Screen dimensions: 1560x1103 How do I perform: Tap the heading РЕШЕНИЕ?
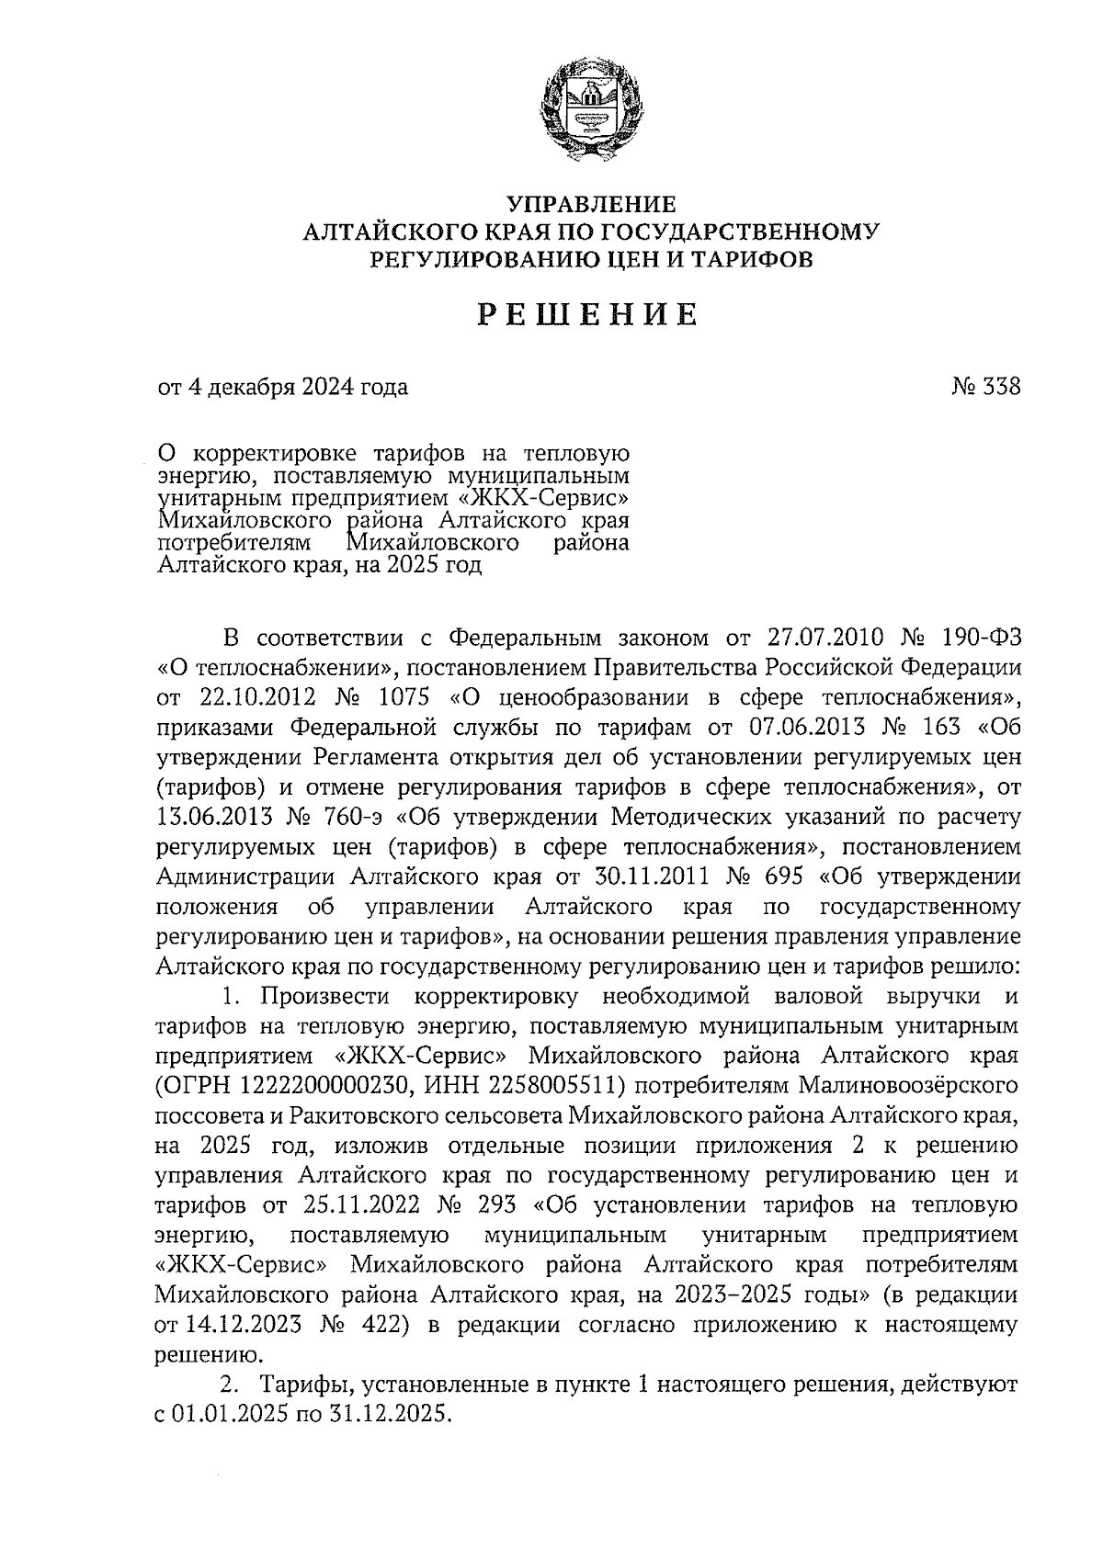588,315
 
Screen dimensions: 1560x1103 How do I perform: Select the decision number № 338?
985,387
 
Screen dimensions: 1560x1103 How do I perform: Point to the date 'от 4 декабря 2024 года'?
283,387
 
